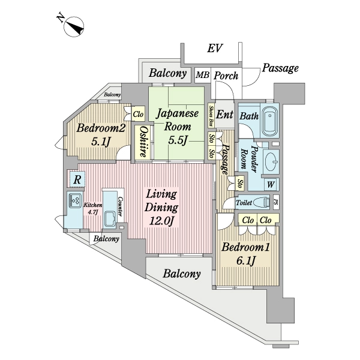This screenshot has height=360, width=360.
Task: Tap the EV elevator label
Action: click(215, 49)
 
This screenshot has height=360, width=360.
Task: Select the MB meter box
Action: click(203, 75)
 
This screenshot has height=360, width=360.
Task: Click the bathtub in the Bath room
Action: click(270, 121)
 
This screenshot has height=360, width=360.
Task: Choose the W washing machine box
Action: click(271, 184)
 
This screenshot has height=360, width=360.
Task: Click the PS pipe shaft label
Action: click(276, 202)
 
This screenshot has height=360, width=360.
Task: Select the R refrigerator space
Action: click(77, 179)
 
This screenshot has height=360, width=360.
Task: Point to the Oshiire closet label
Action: click(143, 142)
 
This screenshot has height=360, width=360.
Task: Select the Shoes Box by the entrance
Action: click(211, 116)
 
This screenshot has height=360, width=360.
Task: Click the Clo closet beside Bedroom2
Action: click(139, 114)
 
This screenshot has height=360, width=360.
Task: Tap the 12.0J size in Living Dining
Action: click(161, 221)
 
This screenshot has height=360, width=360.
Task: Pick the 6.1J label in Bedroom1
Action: click(245, 261)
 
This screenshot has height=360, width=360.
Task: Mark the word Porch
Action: click(226, 76)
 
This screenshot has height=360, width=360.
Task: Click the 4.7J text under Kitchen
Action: click(93, 212)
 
